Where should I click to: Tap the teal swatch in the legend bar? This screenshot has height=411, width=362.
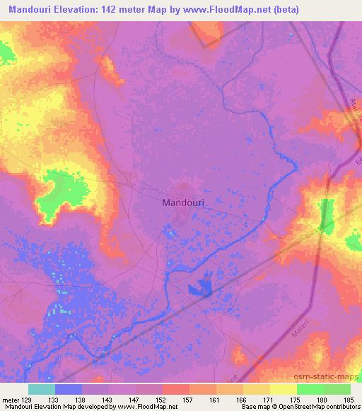[x=42, y=389]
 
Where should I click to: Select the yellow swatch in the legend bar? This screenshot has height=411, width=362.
[x=283, y=389]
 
